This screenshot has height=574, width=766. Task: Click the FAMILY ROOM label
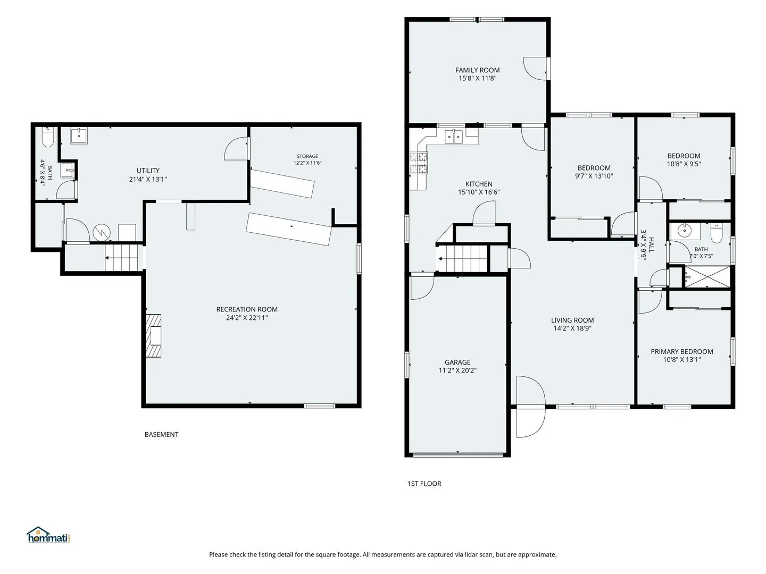pos(477,70)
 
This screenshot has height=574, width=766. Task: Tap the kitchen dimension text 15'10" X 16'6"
pos(479,192)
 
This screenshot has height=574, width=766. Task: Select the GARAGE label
pos(457,362)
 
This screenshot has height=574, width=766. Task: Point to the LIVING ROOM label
pos(572,320)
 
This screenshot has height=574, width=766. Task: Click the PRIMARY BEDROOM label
pos(681,351)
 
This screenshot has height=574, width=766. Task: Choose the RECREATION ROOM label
pos(247,309)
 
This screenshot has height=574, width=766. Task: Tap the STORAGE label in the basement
pos(307,156)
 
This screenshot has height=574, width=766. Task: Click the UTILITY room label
pos(148,171)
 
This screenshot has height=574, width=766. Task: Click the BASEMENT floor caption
pos(161,434)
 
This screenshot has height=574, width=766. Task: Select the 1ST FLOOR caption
pos(424,484)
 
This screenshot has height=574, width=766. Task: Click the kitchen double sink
pos(453,136)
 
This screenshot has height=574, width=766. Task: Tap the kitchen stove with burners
pos(419,163)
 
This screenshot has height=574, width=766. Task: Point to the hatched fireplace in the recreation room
pos(153,335)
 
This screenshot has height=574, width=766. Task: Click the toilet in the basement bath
pos(47,138)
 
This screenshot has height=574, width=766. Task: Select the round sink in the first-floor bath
pos(685,230)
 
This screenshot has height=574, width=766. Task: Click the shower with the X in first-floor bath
pos(707,277)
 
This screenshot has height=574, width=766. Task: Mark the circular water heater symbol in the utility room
pos(102,232)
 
